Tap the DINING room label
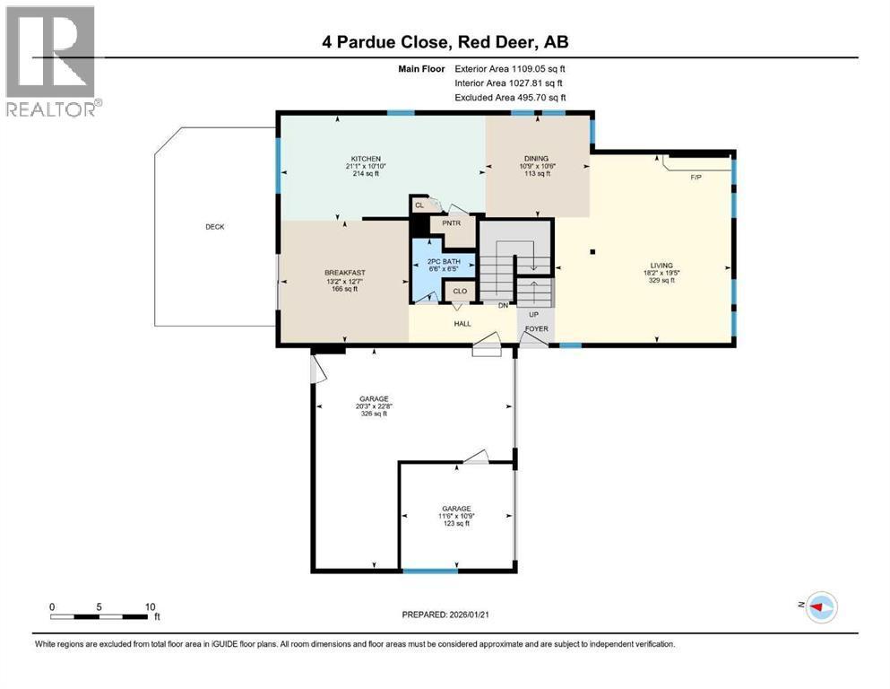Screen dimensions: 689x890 [536, 159]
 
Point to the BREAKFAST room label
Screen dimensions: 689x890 [344, 273]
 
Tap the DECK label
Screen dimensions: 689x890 [214, 227]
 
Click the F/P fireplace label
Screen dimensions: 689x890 [696, 178]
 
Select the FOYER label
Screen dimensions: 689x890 [537, 329]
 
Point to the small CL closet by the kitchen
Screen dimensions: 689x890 [419, 205]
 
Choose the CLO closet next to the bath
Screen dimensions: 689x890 [460, 292]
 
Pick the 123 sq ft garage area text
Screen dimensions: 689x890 [455, 524]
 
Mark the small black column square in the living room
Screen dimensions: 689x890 [592, 252]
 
